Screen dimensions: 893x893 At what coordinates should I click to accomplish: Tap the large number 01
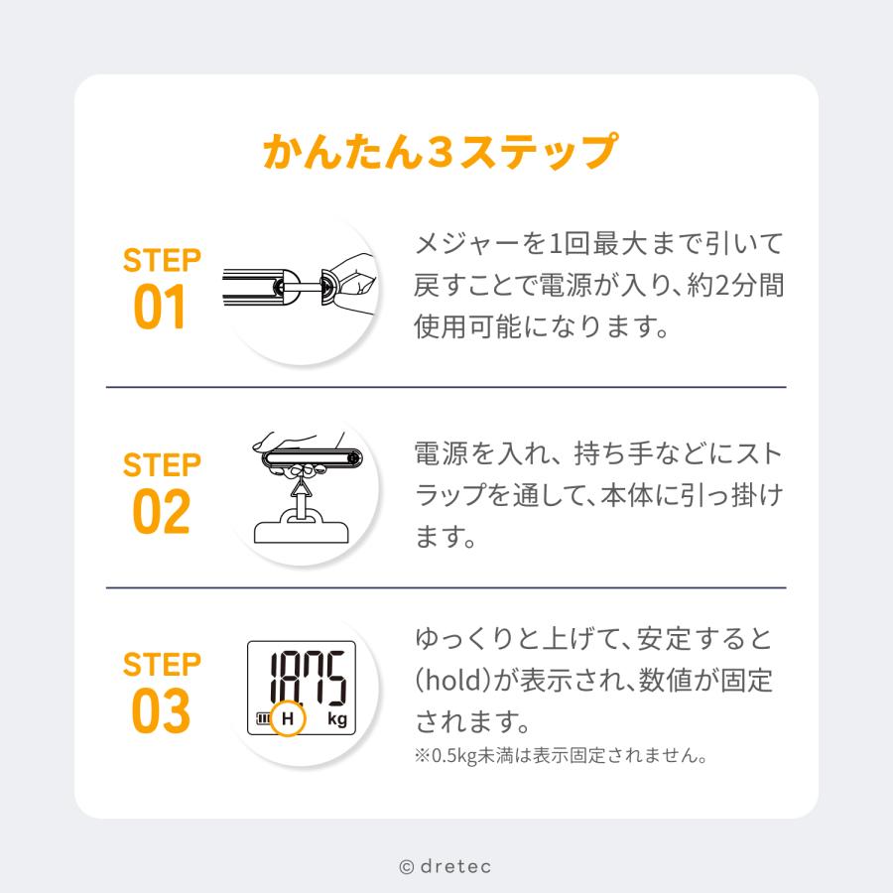coord(161,309)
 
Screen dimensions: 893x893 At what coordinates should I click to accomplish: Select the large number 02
coord(161,512)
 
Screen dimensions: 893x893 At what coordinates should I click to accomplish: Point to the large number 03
coord(161,710)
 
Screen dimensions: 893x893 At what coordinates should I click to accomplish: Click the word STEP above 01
coord(162,261)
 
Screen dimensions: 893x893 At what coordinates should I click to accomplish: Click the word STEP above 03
coord(162,663)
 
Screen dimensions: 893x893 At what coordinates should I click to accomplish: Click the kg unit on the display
coord(336,720)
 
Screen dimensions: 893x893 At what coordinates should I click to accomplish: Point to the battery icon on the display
coord(264,719)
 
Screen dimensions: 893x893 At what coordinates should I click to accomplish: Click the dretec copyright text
coord(446,866)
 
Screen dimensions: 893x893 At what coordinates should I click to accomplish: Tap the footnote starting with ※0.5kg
coord(561,756)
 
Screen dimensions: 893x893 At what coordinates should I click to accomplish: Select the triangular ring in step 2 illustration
coord(298,488)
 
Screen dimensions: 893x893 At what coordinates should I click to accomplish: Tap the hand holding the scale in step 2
coord(298,442)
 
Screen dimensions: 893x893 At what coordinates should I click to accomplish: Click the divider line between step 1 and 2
coord(446,386)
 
